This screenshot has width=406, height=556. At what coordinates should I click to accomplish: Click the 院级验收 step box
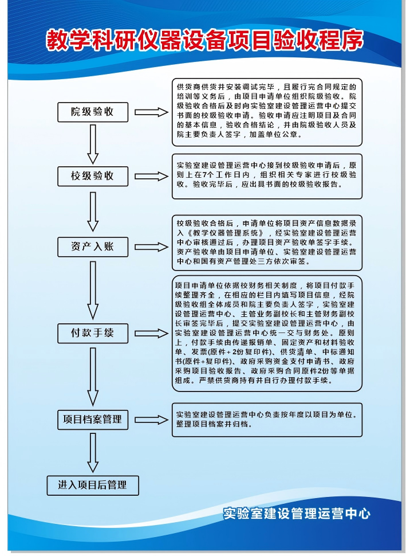[x=93, y=112]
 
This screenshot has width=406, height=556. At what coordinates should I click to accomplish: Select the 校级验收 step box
[x=93, y=176]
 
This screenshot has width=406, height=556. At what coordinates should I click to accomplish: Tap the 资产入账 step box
[x=93, y=247]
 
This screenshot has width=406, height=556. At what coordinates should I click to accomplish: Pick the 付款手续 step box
[x=93, y=333]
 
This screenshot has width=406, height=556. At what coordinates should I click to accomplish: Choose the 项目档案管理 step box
[x=93, y=420]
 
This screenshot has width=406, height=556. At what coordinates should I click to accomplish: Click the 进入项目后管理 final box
[x=93, y=485]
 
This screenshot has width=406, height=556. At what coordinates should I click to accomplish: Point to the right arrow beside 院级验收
[x=151, y=112]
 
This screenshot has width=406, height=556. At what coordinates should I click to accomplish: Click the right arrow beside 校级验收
[x=151, y=176]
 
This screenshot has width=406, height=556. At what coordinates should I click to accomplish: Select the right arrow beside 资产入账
[x=151, y=247]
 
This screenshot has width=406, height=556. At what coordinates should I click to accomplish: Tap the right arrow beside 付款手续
[x=151, y=334]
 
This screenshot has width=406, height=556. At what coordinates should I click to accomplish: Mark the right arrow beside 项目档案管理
[x=151, y=420]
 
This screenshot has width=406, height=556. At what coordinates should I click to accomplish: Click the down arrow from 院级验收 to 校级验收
[x=93, y=144]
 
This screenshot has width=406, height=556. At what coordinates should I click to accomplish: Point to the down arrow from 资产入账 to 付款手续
[x=93, y=291]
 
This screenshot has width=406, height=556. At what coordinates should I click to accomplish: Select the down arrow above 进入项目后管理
[x=93, y=453]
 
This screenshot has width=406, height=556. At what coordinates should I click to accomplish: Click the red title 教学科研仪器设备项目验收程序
[x=205, y=40]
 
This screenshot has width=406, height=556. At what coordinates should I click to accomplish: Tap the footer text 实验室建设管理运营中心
[x=297, y=514]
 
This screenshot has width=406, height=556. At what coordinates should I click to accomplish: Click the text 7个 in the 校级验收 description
[x=208, y=175]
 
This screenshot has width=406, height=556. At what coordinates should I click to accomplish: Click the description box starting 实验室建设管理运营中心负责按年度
[x=267, y=420]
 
